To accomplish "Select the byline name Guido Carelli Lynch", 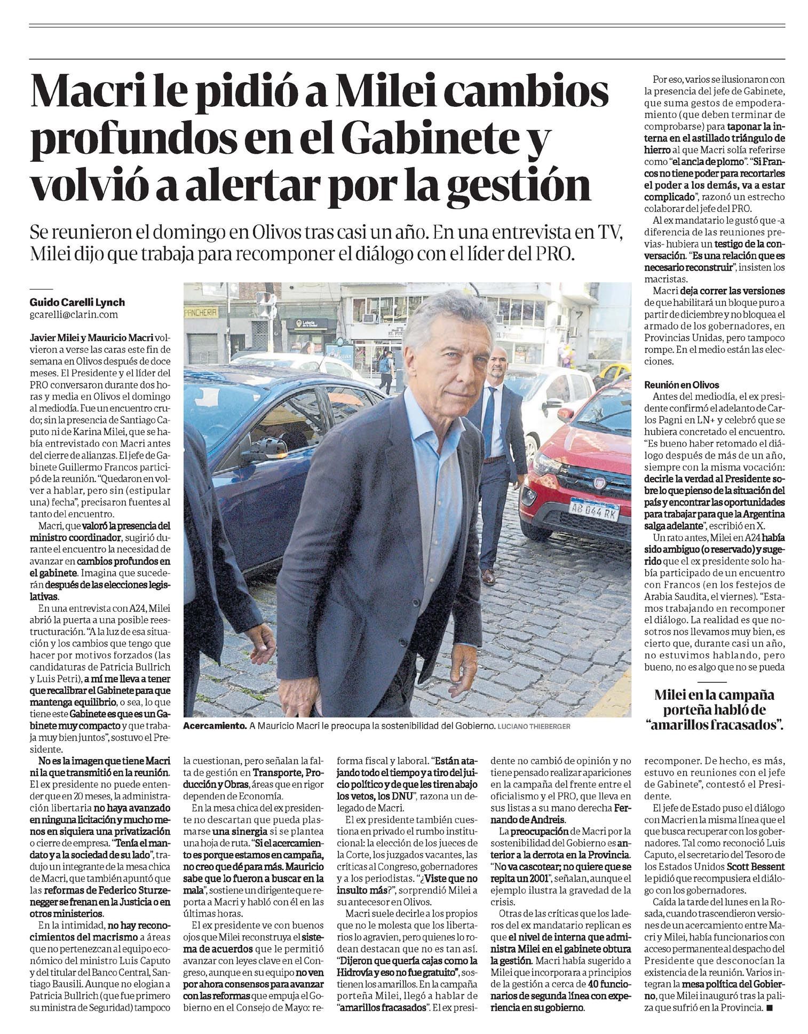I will point(77,303).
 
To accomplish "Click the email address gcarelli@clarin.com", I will point(74,315).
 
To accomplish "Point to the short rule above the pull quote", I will point(711,682).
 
